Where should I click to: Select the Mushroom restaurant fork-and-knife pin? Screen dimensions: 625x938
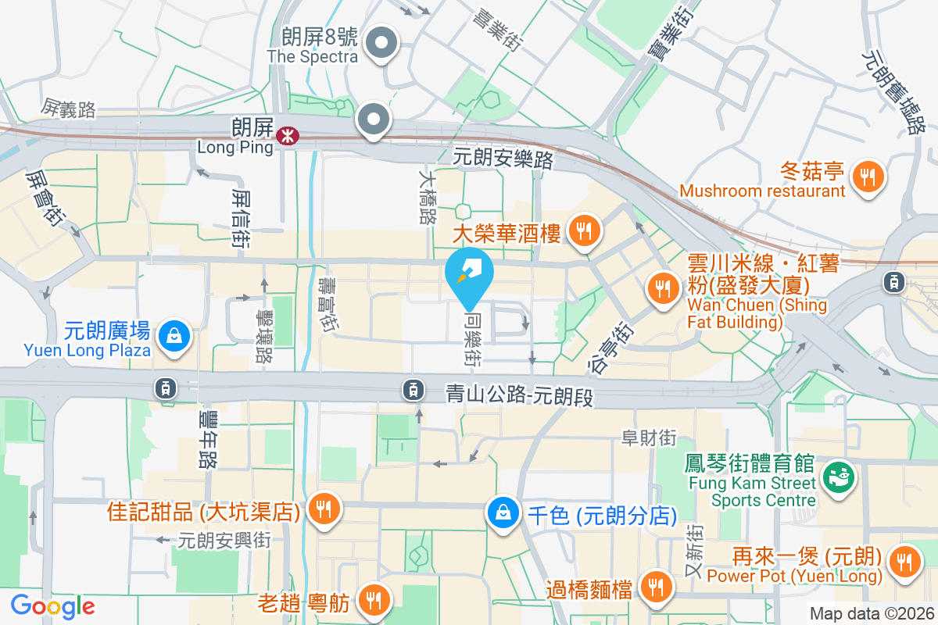click(867, 177)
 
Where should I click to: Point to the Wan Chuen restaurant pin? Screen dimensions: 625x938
click(664, 288)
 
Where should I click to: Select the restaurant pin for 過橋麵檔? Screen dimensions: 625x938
click(654, 587)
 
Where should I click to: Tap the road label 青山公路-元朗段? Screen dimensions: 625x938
click(519, 395)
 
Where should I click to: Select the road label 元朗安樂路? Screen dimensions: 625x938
click(503, 159)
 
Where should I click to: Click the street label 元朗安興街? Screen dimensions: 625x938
click(224, 540)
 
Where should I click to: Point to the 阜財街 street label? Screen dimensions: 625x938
click(648, 438)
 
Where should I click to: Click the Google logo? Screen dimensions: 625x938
click(52, 606)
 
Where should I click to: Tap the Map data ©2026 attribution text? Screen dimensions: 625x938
click(872, 614)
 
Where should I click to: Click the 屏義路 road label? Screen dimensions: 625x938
click(70, 109)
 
